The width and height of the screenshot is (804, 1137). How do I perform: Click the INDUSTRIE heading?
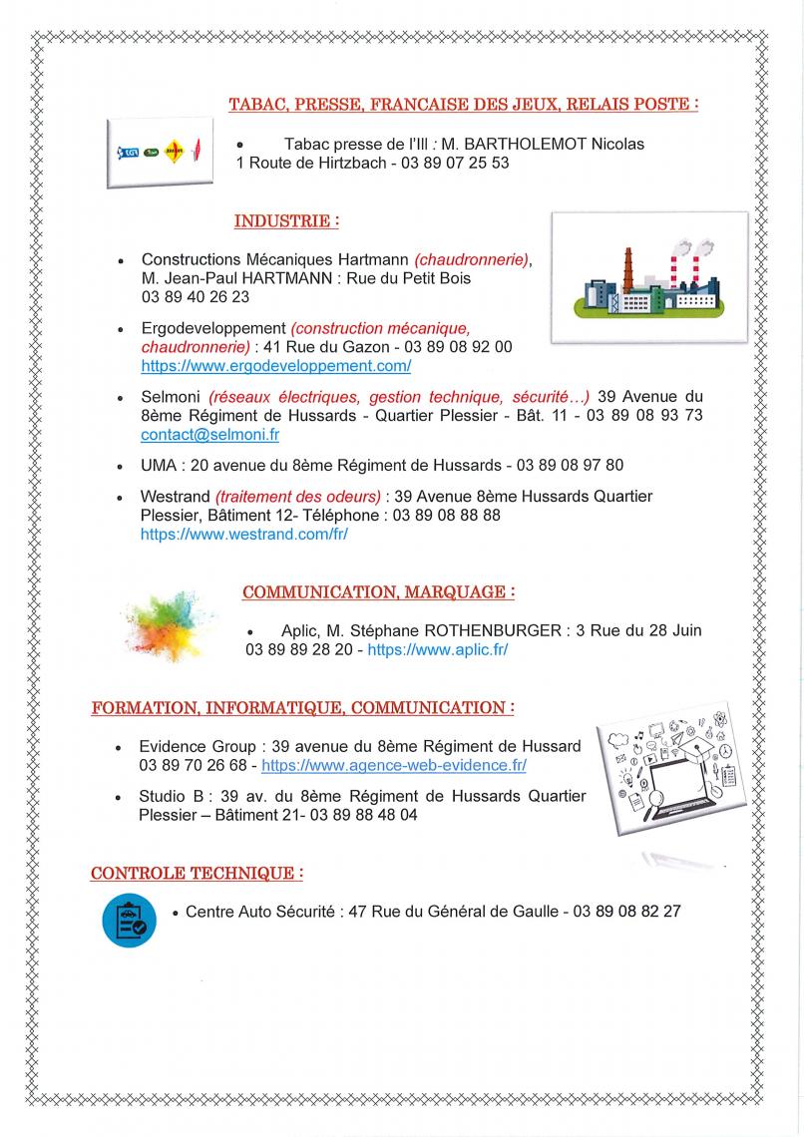click(x=286, y=220)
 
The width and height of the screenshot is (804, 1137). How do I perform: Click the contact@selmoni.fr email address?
click(x=209, y=435)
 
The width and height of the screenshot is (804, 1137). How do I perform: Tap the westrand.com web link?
click(x=243, y=534)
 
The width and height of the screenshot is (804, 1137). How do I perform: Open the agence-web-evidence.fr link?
click(x=393, y=765)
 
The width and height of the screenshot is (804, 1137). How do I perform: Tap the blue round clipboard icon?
click(x=130, y=920)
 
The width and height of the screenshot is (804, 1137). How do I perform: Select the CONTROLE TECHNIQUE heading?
click(x=197, y=874)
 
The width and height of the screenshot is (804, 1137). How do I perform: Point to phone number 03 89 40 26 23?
click(x=196, y=297)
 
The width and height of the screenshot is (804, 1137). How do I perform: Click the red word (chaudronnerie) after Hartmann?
click(x=472, y=259)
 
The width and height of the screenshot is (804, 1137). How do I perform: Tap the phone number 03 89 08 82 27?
click(x=627, y=911)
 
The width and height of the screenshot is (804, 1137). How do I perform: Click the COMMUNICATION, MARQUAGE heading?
click(x=378, y=592)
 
